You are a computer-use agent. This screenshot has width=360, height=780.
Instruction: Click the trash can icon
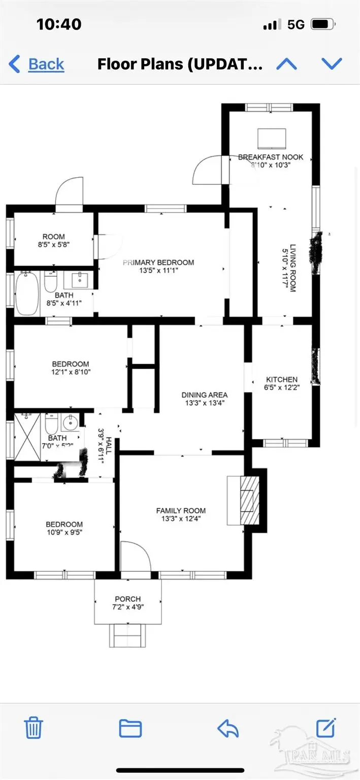click(x=34, y=728)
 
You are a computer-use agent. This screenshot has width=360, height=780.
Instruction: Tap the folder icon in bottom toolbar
click(x=130, y=728)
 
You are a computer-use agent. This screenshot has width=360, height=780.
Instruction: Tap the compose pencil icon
click(x=325, y=728)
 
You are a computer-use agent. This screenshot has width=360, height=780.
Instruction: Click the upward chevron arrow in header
click(x=286, y=64)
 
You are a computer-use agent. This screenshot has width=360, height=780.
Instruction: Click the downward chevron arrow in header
click(x=332, y=63)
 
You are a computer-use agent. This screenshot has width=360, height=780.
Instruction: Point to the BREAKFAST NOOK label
click(x=271, y=157)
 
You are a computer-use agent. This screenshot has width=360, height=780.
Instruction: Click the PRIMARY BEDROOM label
click(x=158, y=263)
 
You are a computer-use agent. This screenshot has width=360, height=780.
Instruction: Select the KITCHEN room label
click(x=282, y=379)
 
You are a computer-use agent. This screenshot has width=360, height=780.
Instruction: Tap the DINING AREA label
click(x=205, y=395)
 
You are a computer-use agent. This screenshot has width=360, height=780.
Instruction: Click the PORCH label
click(x=127, y=599)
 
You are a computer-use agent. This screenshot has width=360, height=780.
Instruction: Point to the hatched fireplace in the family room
click(x=247, y=501)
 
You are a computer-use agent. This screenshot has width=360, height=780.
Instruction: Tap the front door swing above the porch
click(x=135, y=556)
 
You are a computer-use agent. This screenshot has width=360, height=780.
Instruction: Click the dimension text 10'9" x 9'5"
click(x=64, y=533)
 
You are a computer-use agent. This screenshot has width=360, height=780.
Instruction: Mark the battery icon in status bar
click(x=321, y=24)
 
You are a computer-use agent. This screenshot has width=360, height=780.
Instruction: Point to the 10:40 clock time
click(x=59, y=24)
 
